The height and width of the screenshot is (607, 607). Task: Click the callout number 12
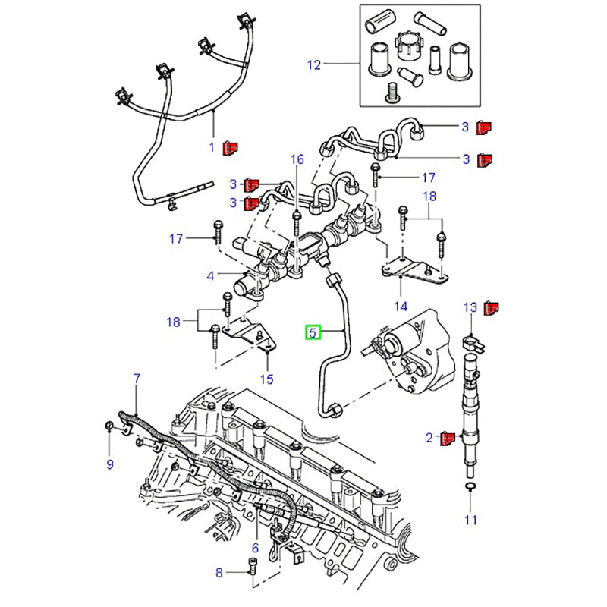(x=314, y=65)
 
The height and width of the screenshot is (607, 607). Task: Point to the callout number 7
(x=137, y=377)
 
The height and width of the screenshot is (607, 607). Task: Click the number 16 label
(x=297, y=159)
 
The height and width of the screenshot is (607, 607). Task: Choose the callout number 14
(x=400, y=307)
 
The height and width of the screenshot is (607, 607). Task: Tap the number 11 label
(x=471, y=520)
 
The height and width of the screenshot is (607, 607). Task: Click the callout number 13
(x=470, y=307)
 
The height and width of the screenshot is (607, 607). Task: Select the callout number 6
(x=255, y=548)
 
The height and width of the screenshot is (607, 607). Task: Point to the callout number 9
(x=109, y=464)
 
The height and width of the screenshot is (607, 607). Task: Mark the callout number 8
(x=219, y=573)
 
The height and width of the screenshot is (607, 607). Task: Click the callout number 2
(x=429, y=438)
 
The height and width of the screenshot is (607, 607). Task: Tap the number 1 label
(x=212, y=147)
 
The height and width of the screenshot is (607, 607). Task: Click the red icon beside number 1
(x=230, y=146)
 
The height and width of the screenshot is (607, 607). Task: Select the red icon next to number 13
(x=492, y=307)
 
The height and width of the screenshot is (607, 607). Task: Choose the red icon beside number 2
(x=447, y=437)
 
